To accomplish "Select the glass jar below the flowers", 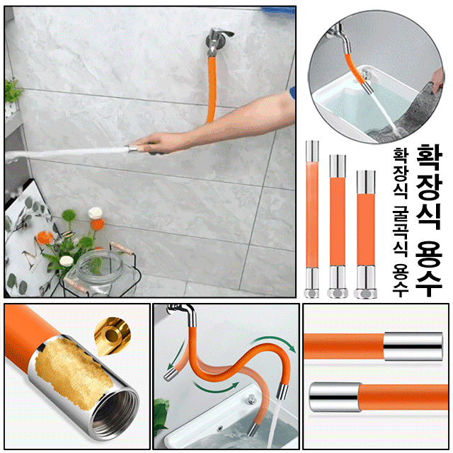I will (x=93, y=273).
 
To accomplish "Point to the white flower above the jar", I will (x=67, y=261).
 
